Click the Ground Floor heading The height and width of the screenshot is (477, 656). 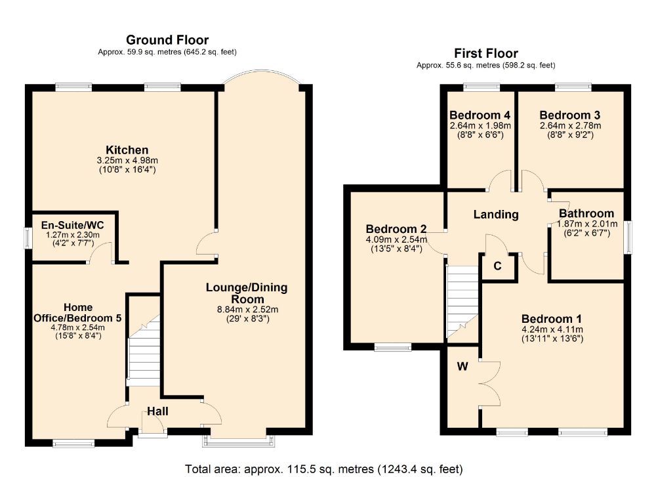[x=167, y=40]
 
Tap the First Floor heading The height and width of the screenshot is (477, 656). [x=486, y=54]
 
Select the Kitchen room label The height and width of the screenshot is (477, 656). [x=127, y=150]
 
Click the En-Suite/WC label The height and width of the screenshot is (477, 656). [x=72, y=225]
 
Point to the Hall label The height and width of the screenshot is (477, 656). [x=157, y=411]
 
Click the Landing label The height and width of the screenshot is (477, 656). [x=496, y=215]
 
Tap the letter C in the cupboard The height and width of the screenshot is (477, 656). [x=497, y=266]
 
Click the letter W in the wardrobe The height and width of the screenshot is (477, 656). [x=462, y=367]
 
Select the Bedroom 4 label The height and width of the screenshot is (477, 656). [x=480, y=115]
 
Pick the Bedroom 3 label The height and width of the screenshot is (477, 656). [x=570, y=115]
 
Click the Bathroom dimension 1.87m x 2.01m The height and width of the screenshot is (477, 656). [x=587, y=224]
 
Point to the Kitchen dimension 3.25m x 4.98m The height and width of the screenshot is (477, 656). [x=127, y=160]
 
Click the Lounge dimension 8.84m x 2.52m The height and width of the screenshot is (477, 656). [x=248, y=310]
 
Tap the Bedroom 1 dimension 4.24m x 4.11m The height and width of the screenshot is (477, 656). [x=552, y=329]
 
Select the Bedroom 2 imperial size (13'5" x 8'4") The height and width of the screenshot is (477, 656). [x=397, y=249]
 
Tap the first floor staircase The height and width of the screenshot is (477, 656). [x=462, y=302]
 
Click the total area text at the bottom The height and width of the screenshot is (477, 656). [x=324, y=469]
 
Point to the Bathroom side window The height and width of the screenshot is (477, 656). [x=628, y=238]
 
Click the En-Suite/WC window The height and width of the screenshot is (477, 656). [x=28, y=238]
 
